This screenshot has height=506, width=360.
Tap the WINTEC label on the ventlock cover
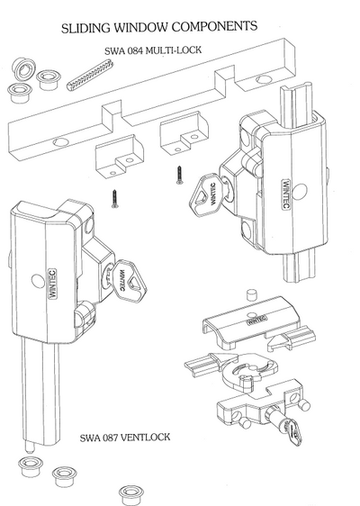(x=256, y=318)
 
